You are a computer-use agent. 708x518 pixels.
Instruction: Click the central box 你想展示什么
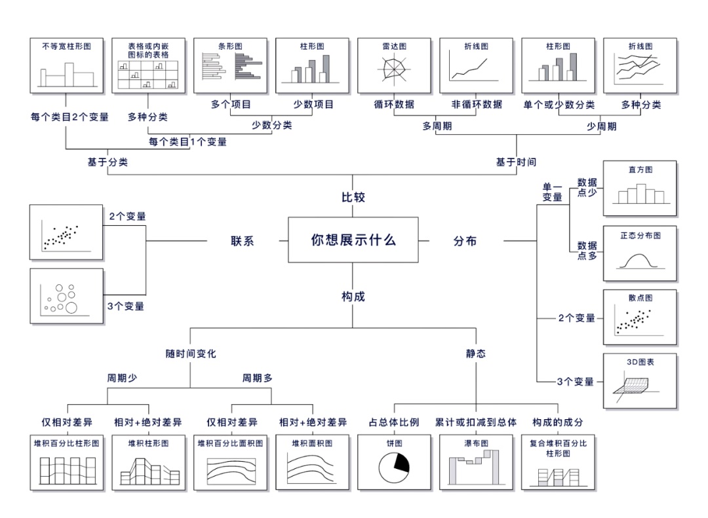pos(353,240)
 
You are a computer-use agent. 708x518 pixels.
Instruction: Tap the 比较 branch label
pos(353,197)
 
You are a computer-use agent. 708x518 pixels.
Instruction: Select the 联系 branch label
pos(242,240)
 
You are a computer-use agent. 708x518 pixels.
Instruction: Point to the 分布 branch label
pos(465,240)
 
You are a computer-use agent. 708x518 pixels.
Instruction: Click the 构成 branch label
pos(353,297)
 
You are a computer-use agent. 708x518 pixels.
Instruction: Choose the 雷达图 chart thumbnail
pos(394,65)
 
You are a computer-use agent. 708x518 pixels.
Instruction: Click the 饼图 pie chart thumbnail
pos(394,462)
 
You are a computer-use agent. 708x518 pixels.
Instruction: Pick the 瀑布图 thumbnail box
pos(476,462)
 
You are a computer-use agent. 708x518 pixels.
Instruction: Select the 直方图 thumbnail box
pos(640,189)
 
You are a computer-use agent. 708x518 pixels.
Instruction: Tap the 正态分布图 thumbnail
pos(640,253)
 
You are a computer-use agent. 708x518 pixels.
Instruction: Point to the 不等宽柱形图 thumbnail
pos(66,65)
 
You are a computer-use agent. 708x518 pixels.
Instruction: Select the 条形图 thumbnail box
pos(230,65)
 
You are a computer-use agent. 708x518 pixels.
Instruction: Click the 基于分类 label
pos(108,162)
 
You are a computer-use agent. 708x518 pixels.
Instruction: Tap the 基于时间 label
pos(516,162)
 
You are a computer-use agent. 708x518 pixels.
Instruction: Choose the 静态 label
pos(476,354)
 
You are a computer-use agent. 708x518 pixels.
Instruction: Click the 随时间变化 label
pos(191,354)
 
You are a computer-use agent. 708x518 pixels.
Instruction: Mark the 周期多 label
pos(258,378)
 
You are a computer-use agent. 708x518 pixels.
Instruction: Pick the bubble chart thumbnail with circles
pos(66,296)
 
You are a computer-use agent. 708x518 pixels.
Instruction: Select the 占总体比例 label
pos(394,422)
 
